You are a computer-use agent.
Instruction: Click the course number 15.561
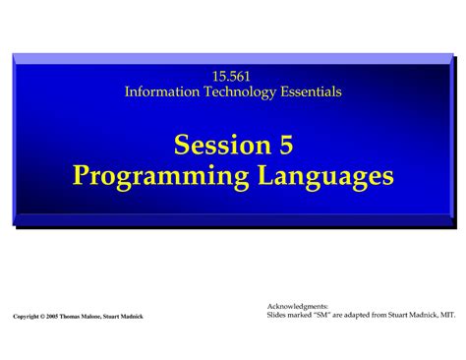(233, 76)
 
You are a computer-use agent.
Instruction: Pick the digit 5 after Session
(285, 146)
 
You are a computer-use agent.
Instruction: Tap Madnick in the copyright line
(157, 317)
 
